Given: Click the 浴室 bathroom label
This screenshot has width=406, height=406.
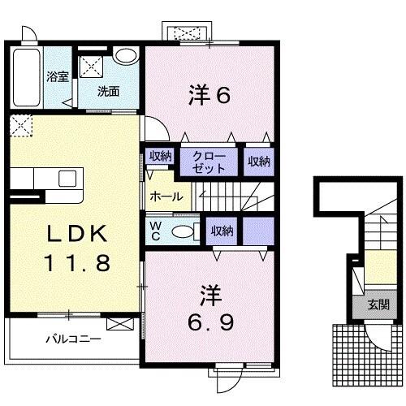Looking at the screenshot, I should click(x=56, y=77).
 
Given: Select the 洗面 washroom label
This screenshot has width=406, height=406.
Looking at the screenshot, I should click(x=109, y=91).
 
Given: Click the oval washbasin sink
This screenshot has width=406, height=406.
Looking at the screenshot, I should click(x=125, y=56).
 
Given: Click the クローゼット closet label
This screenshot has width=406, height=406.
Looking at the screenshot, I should click(x=210, y=161).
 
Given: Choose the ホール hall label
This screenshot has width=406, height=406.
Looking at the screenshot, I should click(x=166, y=196).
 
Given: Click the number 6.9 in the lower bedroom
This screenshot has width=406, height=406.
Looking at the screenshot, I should click(x=211, y=322).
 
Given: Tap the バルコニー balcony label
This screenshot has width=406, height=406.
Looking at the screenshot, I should click(x=74, y=339).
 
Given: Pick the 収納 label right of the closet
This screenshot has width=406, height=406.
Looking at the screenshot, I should click(x=259, y=161).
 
